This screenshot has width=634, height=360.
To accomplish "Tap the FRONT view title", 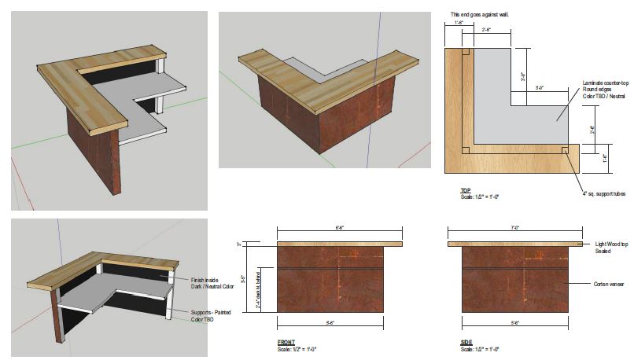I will coord(286,343).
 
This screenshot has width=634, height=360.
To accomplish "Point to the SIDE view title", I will coord(466,343).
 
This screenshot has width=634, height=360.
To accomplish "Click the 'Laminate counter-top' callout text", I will coord(606,82).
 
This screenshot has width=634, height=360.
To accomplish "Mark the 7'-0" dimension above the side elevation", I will coord(515,228).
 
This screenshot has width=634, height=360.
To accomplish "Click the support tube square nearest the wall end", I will coord(466,53).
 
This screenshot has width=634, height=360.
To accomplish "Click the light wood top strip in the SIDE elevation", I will coord(515,244).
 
